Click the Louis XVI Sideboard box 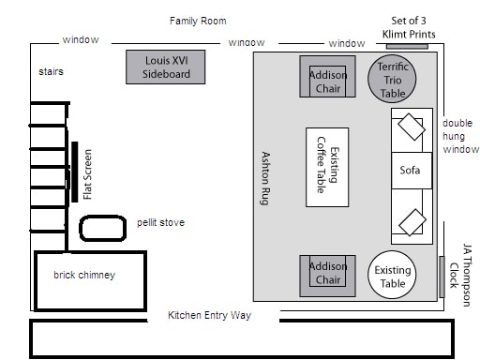166,67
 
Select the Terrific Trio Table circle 392,79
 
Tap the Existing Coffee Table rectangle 327,167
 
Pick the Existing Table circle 392,275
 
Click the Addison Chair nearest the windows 327,77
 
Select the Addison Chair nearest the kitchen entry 327,276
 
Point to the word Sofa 410,171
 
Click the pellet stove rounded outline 103,228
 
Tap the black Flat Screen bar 75,172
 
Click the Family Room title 198,21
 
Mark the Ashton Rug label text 265,178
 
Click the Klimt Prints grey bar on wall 407,46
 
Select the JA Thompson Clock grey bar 442,277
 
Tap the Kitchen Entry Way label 209,315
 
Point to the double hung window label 460,136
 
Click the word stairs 51,71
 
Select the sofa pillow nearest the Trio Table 412,127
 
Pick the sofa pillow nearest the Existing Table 412,222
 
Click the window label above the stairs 81,39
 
